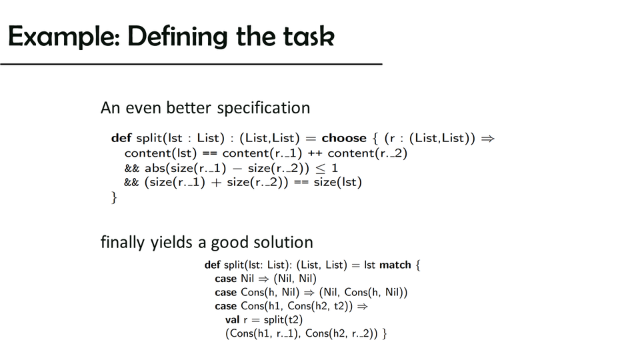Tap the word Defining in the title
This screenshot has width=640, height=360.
tap(177, 37)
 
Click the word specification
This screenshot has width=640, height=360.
tap(263, 108)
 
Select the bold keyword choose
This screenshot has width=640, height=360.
tap(344, 138)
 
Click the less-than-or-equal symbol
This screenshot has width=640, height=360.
tap(321, 168)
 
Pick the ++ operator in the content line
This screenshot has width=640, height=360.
tap(315, 153)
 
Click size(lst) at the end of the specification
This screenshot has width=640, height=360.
tap(337, 182)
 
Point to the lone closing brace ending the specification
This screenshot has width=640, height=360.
tap(114, 197)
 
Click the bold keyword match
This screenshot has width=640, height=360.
tap(395, 265)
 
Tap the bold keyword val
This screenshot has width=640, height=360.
tap(232, 319)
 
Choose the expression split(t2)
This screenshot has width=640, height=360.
tap(283, 319)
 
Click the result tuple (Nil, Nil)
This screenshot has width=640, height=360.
tap(295, 279)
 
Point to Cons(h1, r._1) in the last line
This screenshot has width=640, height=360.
tap(263, 333)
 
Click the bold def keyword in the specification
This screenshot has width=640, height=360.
tap(121, 138)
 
